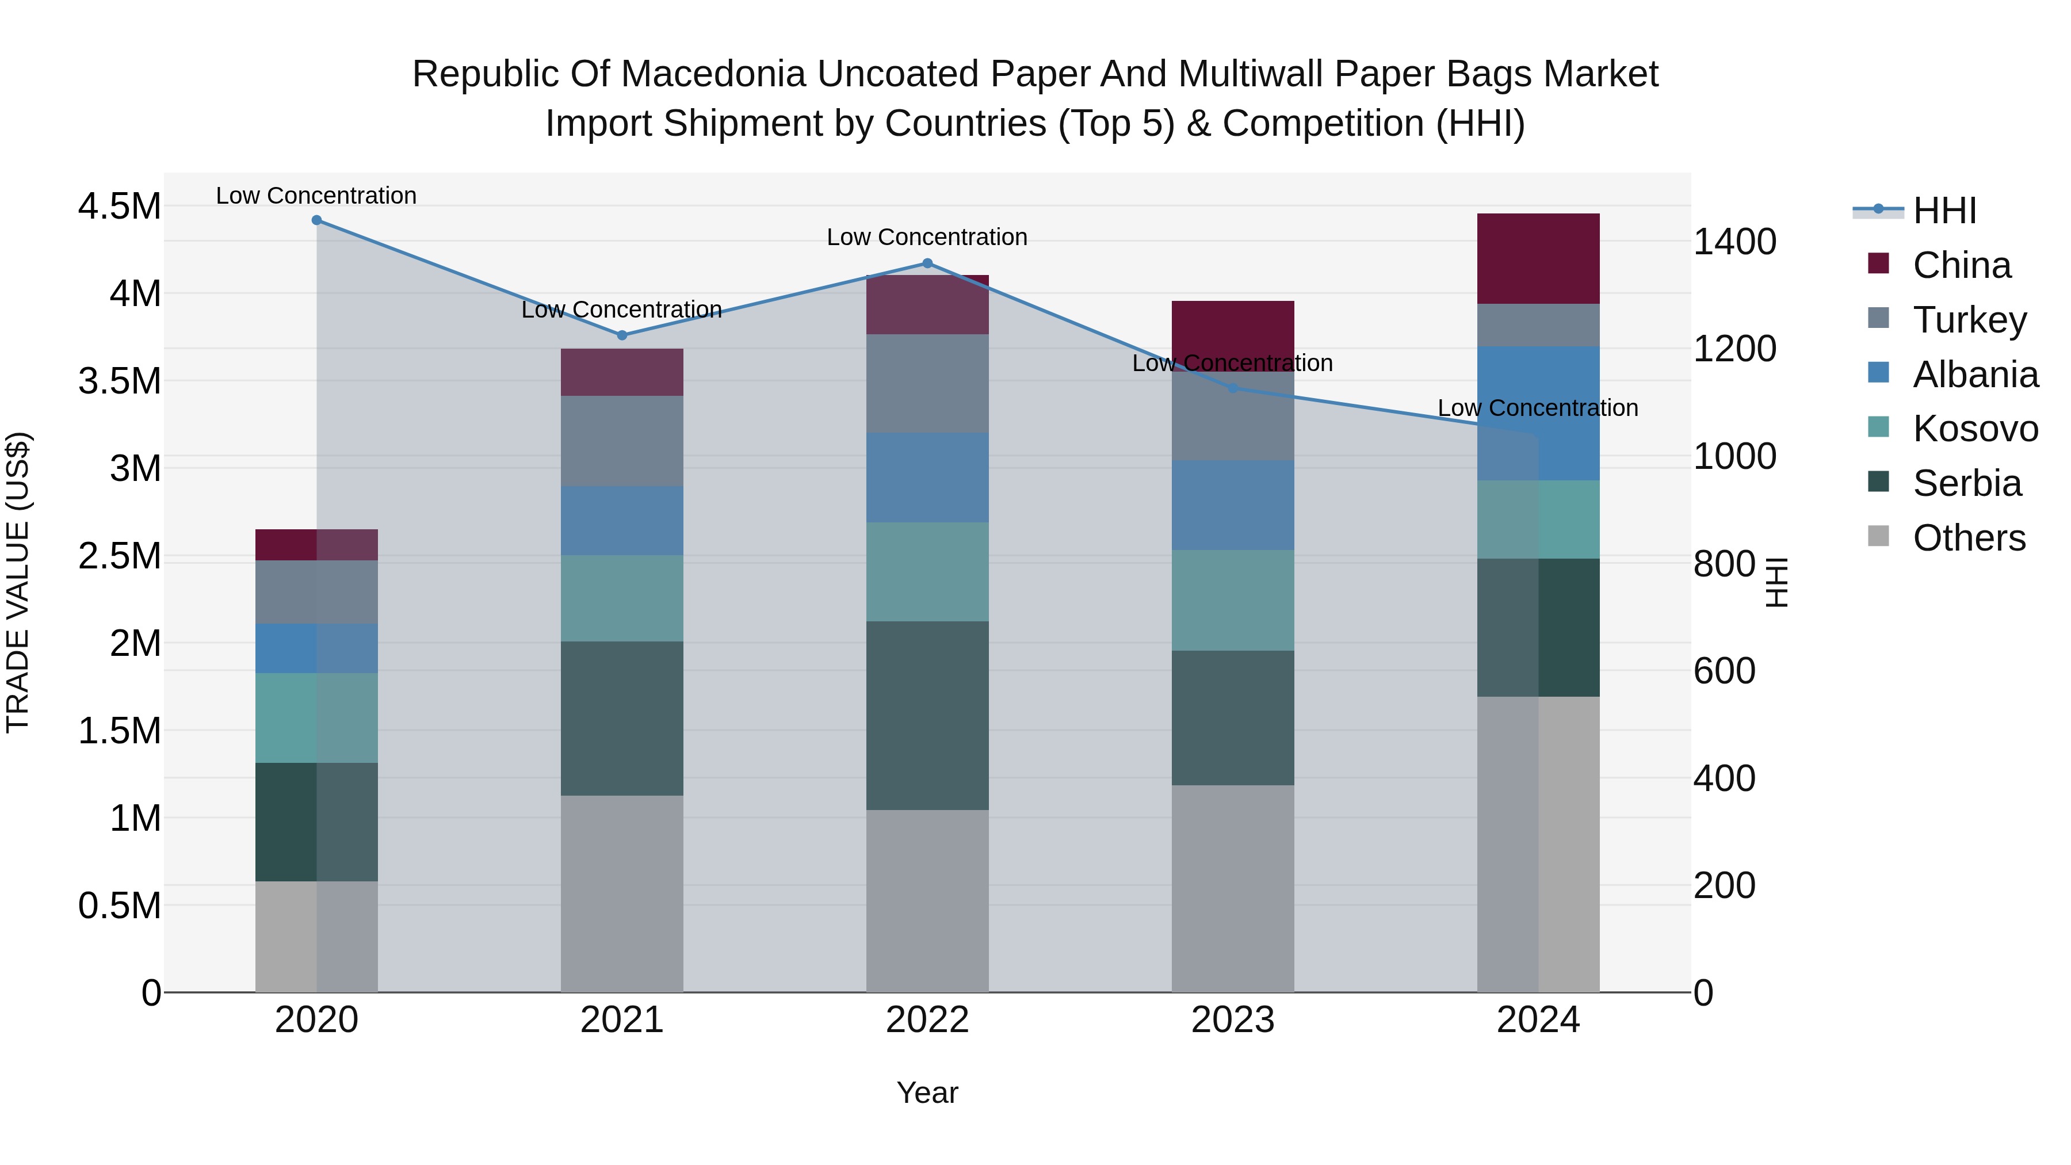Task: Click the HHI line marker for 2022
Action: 927,263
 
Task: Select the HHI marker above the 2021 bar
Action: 621,335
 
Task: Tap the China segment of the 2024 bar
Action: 1538,259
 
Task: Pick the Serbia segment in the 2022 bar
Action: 927,716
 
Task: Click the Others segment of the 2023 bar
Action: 1232,888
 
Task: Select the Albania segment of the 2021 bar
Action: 621,521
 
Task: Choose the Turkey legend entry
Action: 1969,320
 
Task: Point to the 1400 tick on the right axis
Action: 1734,242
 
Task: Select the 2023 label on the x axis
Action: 1232,1020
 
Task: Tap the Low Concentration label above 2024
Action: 1537,408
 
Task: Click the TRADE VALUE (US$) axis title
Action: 18,583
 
